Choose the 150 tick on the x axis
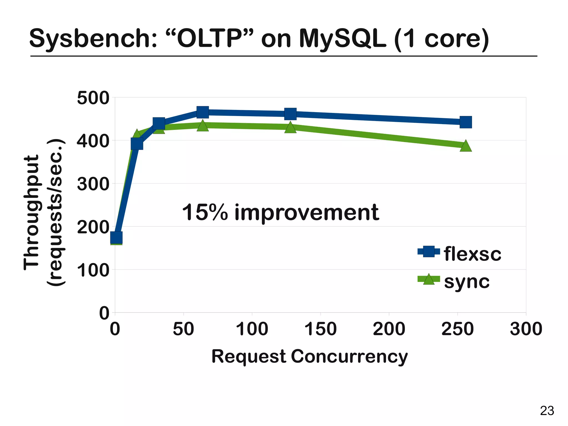click(x=321, y=329)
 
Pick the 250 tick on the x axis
click(x=458, y=329)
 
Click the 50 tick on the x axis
click(x=183, y=329)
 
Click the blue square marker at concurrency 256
click(x=466, y=122)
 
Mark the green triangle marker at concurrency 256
click(x=466, y=146)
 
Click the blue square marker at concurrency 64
click(x=203, y=112)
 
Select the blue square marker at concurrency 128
click(x=290, y=114)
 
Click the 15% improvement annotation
click(x=280, y=213)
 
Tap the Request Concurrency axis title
click(x=310, y=356)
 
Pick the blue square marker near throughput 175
click(x=116, y=238)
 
